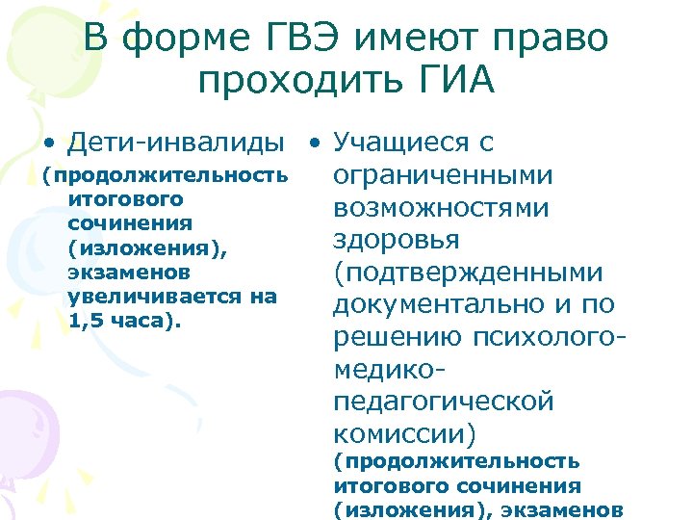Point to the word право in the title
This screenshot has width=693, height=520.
[555, 39]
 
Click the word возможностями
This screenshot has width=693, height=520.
[442, 208]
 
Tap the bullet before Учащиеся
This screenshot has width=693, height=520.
[313, 144]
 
